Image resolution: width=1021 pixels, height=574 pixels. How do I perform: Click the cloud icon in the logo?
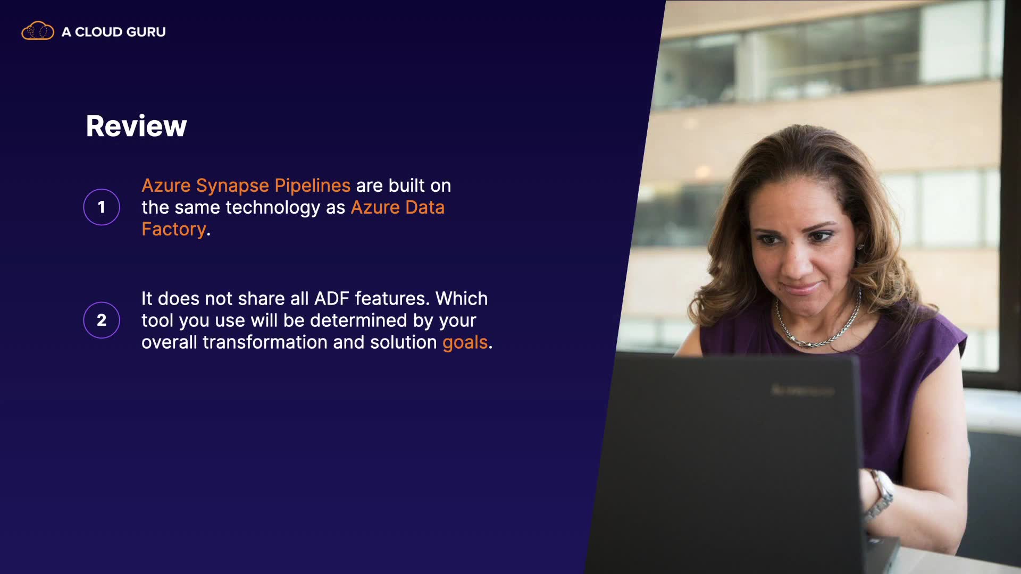pos(38,31)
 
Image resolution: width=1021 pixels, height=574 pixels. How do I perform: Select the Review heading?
pos(136,126)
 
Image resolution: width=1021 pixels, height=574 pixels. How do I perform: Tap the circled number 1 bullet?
pos(102,207)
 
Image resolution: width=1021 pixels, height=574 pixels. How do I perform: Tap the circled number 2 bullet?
pos(102,320)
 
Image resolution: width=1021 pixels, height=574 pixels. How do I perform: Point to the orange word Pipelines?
pos(312,185)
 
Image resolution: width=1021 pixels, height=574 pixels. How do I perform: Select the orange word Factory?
pos(173,230)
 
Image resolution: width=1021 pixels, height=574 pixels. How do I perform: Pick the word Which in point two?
pos(462,299)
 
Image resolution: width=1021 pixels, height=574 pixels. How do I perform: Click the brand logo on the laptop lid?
pos(802,391)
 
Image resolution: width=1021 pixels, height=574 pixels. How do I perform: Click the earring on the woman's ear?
pos(859,247)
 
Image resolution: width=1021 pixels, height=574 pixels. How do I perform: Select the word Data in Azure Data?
pos(424,208)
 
